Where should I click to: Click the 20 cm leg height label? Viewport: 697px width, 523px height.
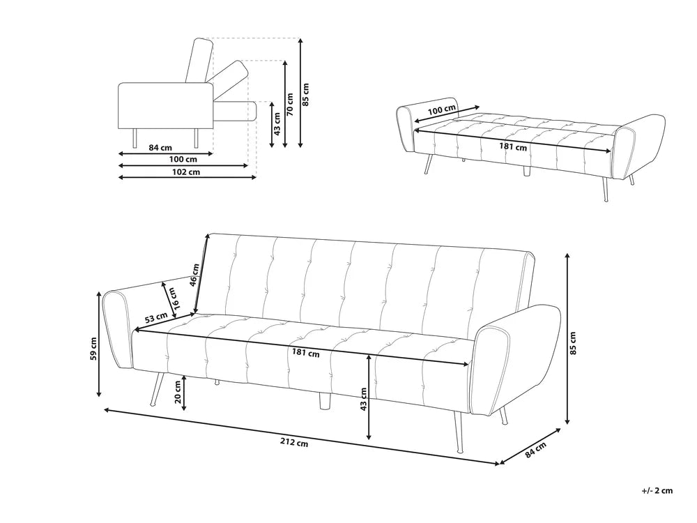[177, 394]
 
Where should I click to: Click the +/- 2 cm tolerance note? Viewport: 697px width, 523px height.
[657, 491]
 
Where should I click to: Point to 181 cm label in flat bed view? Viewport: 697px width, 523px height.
[514, 146]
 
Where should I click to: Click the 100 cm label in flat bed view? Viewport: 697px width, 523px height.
[441, 110]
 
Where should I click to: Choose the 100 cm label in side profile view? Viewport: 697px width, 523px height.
[183, 160]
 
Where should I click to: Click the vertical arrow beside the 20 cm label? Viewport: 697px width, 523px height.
[184, 393]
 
